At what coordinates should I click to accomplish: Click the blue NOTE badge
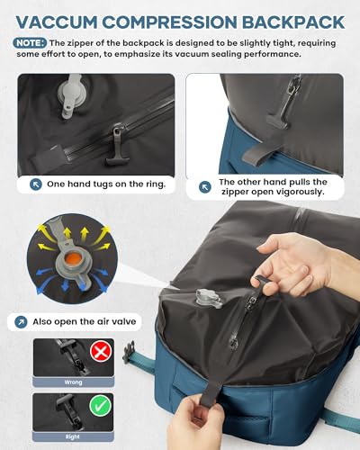coord(29,42)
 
